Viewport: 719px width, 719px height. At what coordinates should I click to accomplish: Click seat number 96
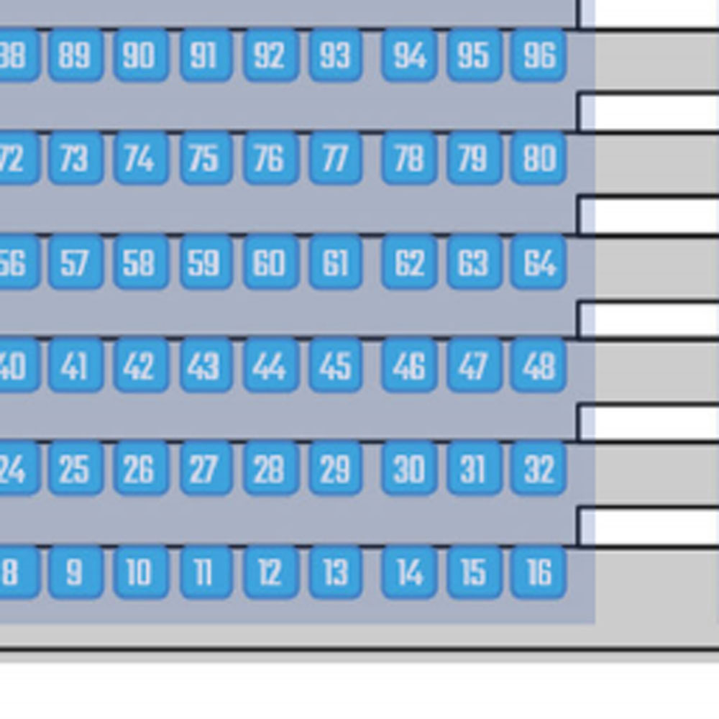(539, 55)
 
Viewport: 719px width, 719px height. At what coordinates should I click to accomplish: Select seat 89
(75, 55)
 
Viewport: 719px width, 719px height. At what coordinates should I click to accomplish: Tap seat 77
(335, 158)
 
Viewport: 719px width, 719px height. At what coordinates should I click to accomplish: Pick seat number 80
(539, 158)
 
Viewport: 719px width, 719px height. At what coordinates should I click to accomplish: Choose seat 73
(75, 158)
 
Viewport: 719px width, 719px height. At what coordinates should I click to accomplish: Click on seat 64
(539, 263)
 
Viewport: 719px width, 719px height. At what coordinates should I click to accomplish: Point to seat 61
(335, 263)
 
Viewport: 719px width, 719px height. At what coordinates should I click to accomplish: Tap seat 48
(539, 367)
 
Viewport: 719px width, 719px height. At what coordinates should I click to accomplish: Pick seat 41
(75, 367)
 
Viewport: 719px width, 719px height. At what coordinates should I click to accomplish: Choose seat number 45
(335, 367)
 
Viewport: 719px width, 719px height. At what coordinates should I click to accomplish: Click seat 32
(539, 470)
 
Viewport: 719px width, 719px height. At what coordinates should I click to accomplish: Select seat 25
(75, 470)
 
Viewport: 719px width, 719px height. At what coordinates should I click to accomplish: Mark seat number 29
(335, 470)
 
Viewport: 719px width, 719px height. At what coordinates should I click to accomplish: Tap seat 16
(539, 572)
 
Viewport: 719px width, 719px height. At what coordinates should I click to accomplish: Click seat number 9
(75, 572)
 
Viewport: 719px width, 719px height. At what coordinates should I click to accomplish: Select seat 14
(409, 572)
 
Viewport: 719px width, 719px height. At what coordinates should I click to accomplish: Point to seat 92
(270, 55)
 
